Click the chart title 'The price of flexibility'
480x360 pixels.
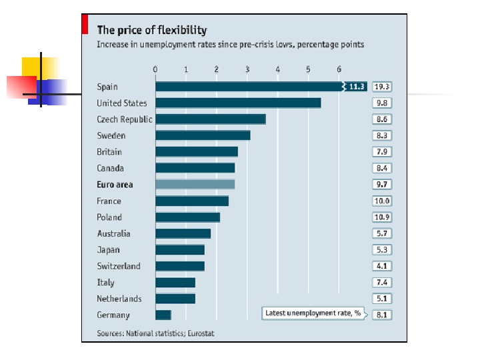152,30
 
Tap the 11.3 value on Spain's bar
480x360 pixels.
357,87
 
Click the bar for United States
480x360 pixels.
238,103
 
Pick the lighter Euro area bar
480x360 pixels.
195,185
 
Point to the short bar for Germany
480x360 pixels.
163,315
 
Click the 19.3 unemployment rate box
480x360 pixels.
382,87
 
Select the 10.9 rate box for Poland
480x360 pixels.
382,217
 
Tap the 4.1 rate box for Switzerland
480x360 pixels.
382,266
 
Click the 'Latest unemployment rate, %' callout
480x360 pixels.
313,313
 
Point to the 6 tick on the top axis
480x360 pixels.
339,69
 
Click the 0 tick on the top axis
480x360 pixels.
155,69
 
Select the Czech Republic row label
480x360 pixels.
124,119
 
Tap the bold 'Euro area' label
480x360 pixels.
115,185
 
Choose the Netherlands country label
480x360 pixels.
119,299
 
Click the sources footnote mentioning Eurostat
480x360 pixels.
155,332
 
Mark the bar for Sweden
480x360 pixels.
203,135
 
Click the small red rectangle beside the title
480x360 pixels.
85,24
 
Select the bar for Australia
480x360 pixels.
183,233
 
